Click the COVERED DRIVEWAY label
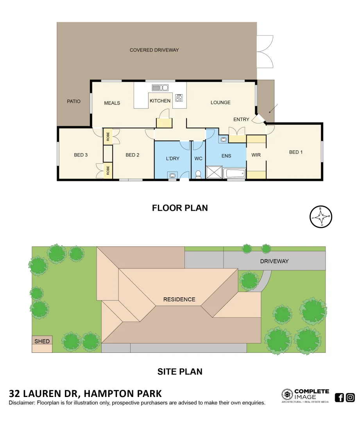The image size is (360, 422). pyautogui.click(x=154, y=50)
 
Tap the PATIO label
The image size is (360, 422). pyautogui.click(x=73, y=102)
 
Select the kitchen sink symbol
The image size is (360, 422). pyautogui.click(x=160, y=88)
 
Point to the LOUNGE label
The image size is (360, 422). pyautogui.click(x=220, y=102)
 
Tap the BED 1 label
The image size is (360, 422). pyautogui.click(x=296, y=152)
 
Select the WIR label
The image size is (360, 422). pyautogui.click(x=256, y=155)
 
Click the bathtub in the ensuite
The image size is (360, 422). pyautogui.click(x=234, y=173)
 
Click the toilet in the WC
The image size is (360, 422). pyautogui.click(x=198, y=174)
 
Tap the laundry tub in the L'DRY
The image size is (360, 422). pyautogui.click(x=172, y=175)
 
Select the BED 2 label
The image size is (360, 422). pyautogui.click(x=133, y=155)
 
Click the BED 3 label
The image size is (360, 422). pyautogui.click(x=81, y=155)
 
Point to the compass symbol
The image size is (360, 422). pyautogui.click(x=321, y=216)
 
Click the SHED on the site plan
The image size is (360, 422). pyautogui.click(x=42, y=341)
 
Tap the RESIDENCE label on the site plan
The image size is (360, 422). pyautogui.click(x=179, y=299)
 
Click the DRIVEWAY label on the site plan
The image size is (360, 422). pyautogui.click(x=274, y=261)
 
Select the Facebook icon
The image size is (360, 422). pyautogui.click(x=339, y=397)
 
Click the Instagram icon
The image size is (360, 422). pyautogui.click(x=350, y=397)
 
